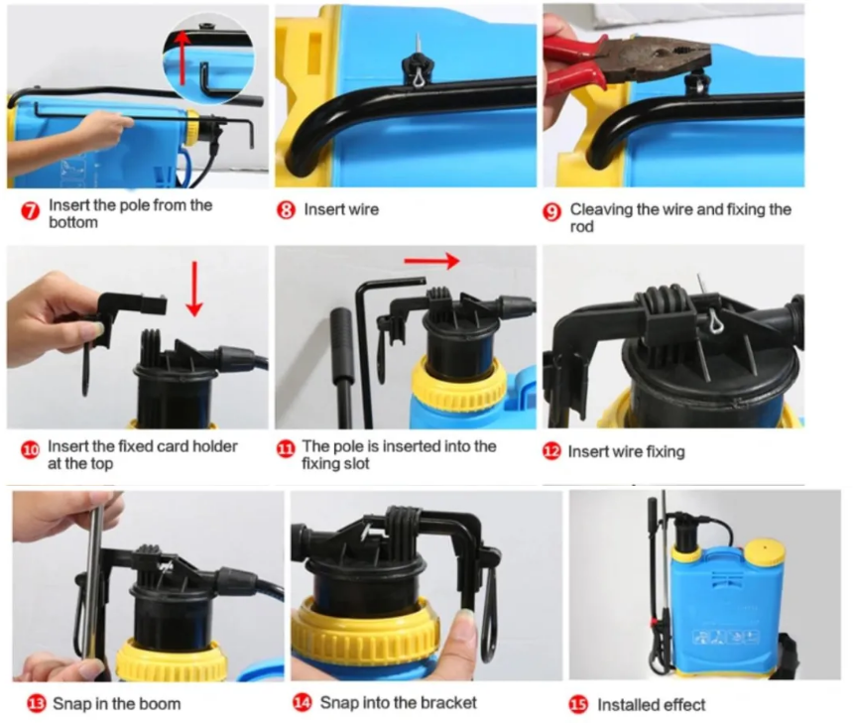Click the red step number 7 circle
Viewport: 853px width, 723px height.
[31, 211]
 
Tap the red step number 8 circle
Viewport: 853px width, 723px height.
[286, 210]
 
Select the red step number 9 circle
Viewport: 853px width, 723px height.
[552, 211]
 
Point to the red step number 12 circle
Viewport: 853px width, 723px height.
[551, 451]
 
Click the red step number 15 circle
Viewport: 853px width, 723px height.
[578, 704]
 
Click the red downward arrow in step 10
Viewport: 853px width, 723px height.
[194, 289]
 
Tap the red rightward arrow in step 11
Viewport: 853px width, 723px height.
[431, 261]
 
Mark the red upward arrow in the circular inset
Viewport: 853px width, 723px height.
[183, 58]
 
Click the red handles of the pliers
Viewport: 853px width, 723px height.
[574, 60]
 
